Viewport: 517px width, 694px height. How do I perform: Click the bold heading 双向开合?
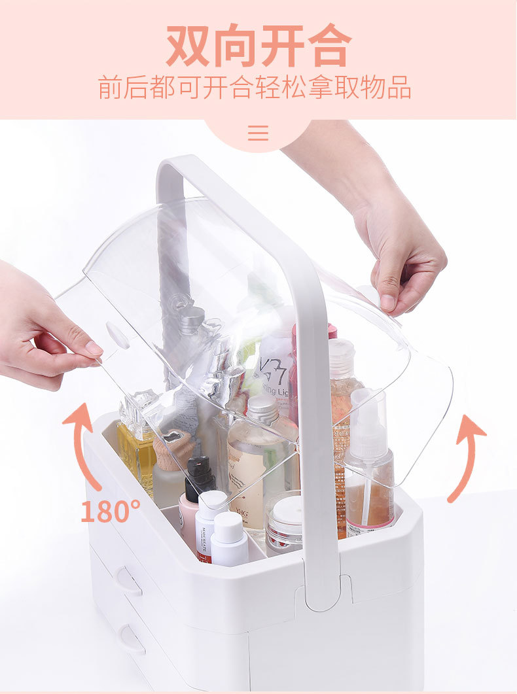click(x=258, y=46)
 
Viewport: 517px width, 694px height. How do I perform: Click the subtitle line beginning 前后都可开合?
click(x=255, y=87)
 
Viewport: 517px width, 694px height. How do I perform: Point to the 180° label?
click(x=111, y=511)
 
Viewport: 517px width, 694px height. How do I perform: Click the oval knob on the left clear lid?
click(x=118, y=335)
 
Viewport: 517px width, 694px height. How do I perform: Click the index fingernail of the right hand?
click(x=388, y=302)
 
